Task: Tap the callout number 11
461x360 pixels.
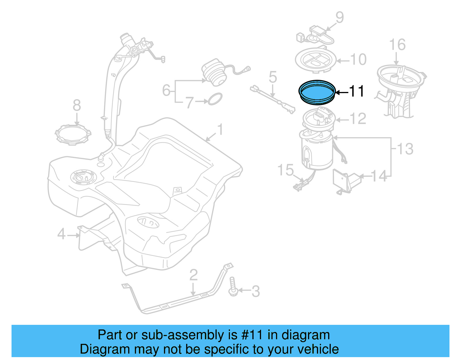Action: coord(357,91)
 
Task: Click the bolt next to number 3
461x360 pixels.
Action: coord(233,287)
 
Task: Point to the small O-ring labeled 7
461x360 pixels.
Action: coord(215,99)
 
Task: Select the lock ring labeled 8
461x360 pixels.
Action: coord(73,135)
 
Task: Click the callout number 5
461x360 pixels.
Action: coord(273,77)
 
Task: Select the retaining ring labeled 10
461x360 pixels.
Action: coord(316,60)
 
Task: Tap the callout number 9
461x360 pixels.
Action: coord(340,17)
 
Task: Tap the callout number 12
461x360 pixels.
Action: coord(358,119)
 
